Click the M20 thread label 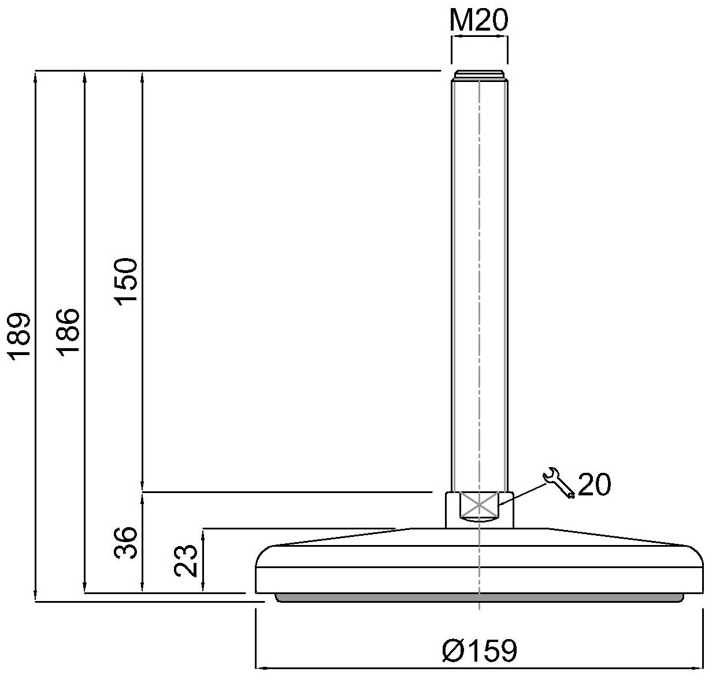click(x=478, y=21)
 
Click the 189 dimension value click(x=22, y=336)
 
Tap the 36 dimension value click(x=127, y=542)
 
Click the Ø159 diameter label click(x=479, y=651)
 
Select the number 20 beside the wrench click(x=593, y=485)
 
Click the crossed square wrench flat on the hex click(x=478, y=505)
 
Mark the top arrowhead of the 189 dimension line click(x=36, y=75)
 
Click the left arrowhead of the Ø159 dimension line click(x=259, y=669)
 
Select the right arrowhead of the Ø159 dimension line click(x=699, y=669)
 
